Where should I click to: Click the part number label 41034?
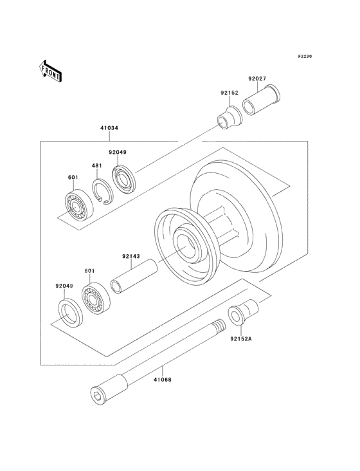coord(109,127)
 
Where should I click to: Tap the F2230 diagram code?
coord(305,57)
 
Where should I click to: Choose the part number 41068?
coord(162,380)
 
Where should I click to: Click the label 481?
coord(97,165)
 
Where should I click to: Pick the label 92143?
coord(130,255)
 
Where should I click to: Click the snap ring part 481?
coord(99,192)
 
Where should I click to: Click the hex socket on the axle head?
coord(96,394)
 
